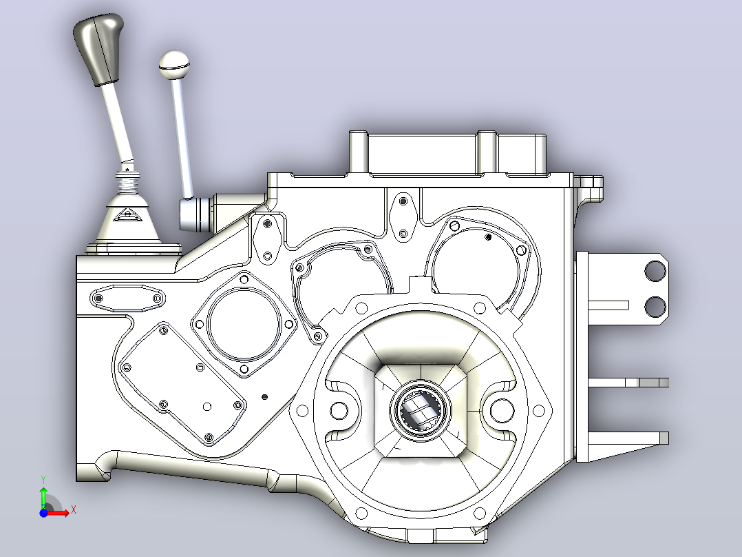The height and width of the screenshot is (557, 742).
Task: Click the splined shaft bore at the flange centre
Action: [420, 410]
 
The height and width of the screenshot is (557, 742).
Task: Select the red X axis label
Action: [74, 510]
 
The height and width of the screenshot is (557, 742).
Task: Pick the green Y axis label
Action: [43, 480]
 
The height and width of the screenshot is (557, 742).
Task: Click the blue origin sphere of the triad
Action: [43, 513]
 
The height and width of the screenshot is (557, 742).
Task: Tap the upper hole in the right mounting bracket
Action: [655, 272]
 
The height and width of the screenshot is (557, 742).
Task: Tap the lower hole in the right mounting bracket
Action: [655, 307]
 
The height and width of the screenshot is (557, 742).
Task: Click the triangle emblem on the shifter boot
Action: [127, 215]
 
